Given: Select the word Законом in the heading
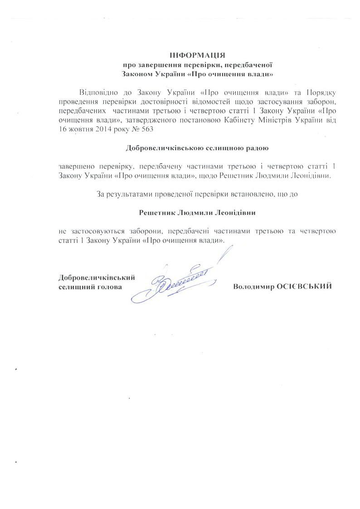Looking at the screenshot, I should coord(138,72).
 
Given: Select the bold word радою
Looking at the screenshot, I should coord(258,148).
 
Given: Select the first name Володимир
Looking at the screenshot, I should coord(252,286).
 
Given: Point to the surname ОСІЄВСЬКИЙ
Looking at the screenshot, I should coord(304,286).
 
